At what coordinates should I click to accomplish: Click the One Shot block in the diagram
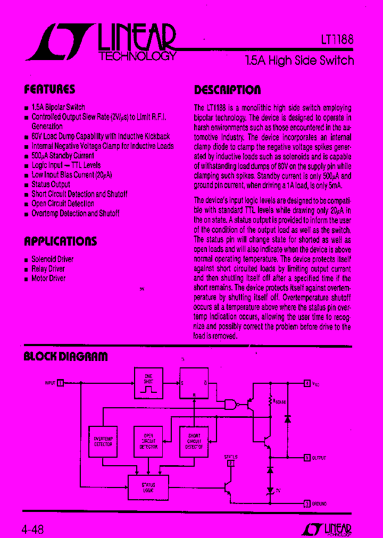point(148,383)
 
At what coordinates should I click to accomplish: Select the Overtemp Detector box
point(103,441)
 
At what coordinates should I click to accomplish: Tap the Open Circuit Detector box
point(148,441)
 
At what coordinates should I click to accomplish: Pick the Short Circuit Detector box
point(194,441)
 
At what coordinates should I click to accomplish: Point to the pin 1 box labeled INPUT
point(61,383)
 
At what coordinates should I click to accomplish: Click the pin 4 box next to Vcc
point(307,383)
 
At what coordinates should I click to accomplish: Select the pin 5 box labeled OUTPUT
point(307,457)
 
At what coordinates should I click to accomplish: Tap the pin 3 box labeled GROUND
point(307,503)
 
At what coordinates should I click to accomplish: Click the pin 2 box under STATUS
point(230,463)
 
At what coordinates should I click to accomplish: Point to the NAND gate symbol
point(230,405)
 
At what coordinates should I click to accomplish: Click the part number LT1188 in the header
point(333,40)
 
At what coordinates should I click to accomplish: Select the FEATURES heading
point(50,89)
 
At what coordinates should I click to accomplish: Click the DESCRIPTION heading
point(227,89)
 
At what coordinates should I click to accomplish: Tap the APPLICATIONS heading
point(61,241)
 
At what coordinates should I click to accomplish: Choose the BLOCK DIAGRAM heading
point(66,356)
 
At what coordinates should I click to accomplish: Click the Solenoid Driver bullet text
point(53,259)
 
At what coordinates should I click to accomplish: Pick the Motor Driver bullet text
point(48,279)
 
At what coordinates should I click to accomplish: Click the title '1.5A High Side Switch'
point(299,60)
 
